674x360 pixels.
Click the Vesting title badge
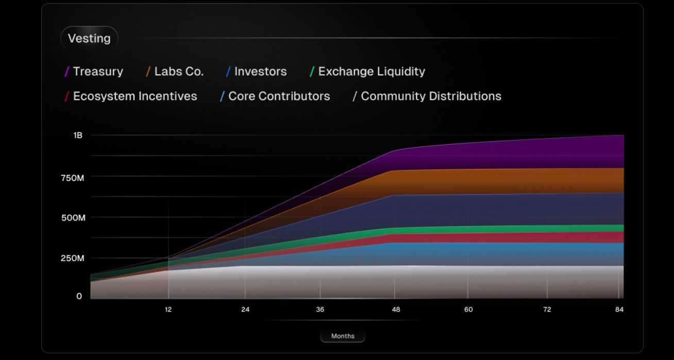coord(89,39)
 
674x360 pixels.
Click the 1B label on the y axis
coord(78,135)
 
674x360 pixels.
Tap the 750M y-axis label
coord(73,177)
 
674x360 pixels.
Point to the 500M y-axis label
coord(73,218)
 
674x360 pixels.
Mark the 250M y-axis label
coord(73,259)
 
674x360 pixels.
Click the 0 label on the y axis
coord(79,296)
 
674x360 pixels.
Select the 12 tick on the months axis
coord(168,310)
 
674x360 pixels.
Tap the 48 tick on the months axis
coord(396,310)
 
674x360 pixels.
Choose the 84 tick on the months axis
coord(619,310)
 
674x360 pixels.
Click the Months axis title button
coord(343,336)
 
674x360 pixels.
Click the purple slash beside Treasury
coord(67,72)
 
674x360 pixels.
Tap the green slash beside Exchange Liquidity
coord(312,72)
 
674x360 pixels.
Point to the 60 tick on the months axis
coord(468,310)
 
